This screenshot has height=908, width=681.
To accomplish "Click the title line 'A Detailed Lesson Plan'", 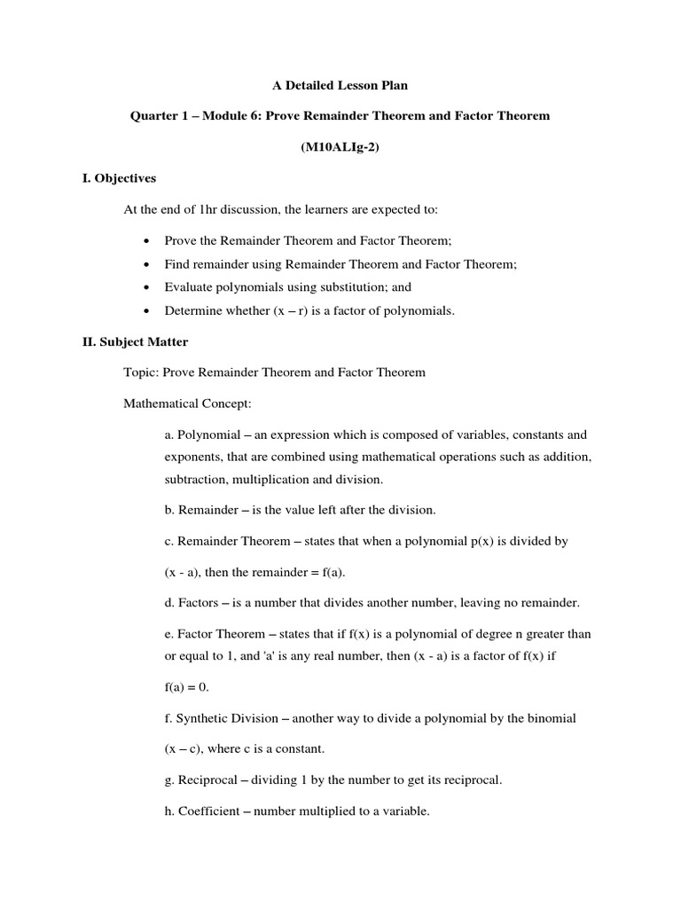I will [x=340, y=86].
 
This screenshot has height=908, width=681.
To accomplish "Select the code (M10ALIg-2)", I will [x=340, y=147].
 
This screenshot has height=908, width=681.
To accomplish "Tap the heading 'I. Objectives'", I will [x=119, y=178].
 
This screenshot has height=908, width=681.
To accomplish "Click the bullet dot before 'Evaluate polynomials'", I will [x=145, y=287].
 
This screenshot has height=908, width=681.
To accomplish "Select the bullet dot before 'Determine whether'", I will [x=145, y=310].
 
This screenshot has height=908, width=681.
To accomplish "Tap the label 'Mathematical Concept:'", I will [x=188, y=403].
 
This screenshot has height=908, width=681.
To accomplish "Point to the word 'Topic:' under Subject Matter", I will [x=141, y=372].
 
